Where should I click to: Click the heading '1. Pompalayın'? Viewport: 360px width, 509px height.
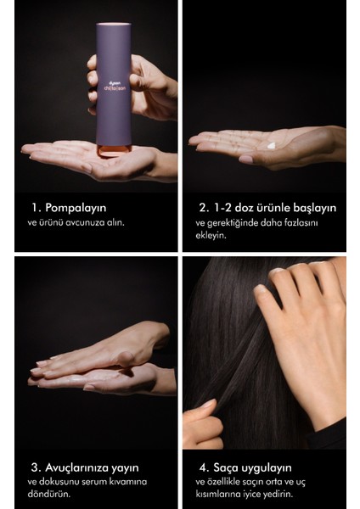(x=65, y=206)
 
